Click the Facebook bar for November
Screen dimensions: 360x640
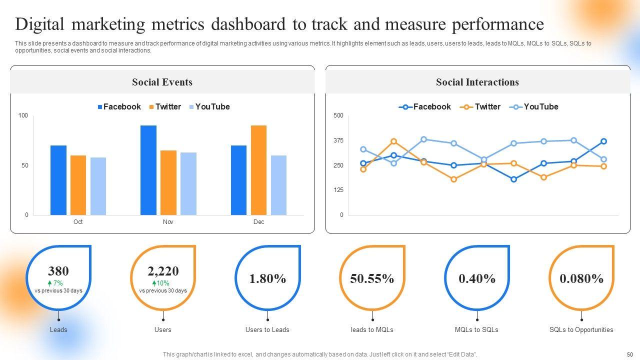(x=148, y=170)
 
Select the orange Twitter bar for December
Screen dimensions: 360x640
(x=258, y=170)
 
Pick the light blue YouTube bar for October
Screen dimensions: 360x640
(x=98, y=186)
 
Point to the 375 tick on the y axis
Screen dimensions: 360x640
(x=338, y=140)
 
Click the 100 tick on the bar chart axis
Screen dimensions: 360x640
(x=23, y=115)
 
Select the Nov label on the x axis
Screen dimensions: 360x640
(x=168, y=222)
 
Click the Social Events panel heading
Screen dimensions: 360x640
(x=162, y=82)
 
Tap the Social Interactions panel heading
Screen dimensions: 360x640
(x=477, y=82)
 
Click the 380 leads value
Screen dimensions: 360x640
(x=58, y=271)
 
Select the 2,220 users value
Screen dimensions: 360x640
(x=163, y=271)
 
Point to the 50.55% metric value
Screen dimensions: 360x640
(x=372, y=278)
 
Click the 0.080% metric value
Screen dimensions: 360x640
(x=581, y=278)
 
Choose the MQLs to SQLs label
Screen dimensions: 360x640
(x=476, y=329)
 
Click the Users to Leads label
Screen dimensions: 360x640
(x=267, y=329)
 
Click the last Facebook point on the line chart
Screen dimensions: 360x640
(x=603, y=141)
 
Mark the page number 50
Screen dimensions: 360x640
(x=629, y=354)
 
